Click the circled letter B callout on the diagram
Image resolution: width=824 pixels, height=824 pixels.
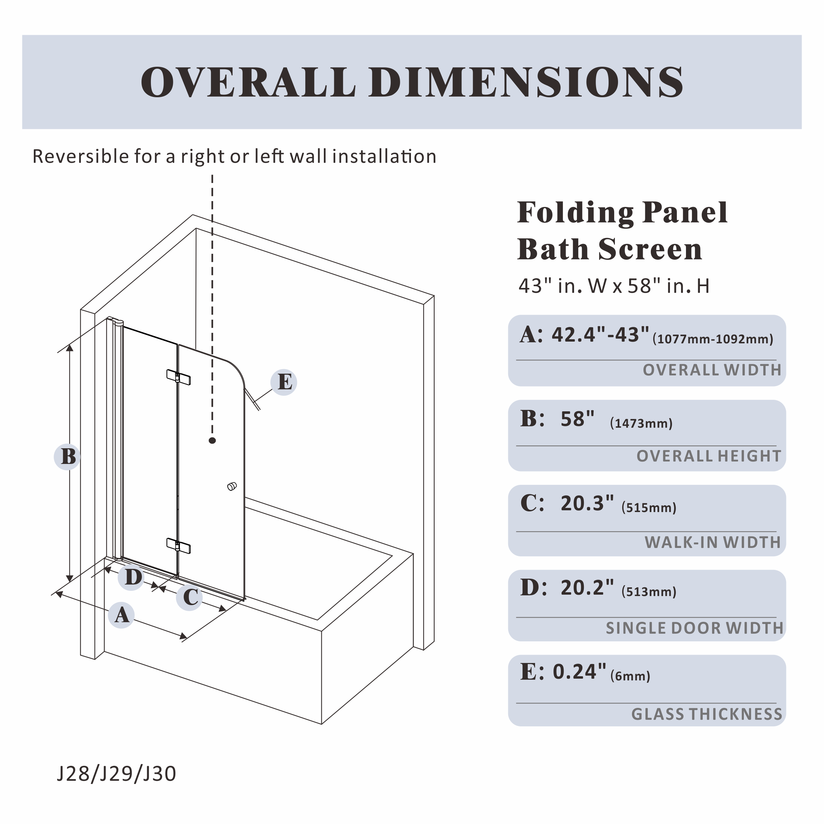click(x=67, y=456)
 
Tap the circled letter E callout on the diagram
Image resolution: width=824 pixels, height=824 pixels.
click(x=284, y=382)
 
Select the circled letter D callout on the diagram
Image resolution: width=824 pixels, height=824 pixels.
click(x=132, y=578)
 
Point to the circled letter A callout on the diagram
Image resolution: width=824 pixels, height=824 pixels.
click(x=121, y=615)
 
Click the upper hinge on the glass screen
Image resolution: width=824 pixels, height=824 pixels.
click(x=178, y=377)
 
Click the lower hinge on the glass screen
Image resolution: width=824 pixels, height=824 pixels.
click(x=178, y=545)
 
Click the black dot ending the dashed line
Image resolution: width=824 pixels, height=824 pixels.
click(x=212, y=441)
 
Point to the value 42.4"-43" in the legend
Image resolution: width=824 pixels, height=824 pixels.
click(x=601, y=335)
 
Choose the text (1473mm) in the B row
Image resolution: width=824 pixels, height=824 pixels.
click(x=641, y=423)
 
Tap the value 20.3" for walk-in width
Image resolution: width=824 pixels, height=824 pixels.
click(x=587, y=503)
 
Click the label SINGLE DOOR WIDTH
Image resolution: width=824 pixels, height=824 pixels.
click(x=694, y=628)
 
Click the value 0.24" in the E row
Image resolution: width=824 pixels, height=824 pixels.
click(x=580, y=672)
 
